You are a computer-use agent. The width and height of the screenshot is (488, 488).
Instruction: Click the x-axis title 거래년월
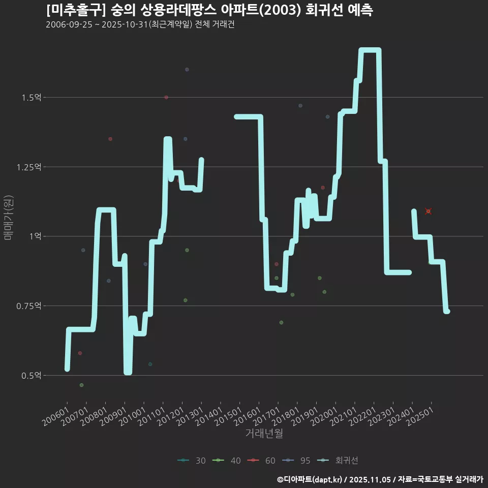click(264, 434)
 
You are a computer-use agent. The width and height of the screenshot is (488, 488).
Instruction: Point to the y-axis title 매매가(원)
click(9, 218)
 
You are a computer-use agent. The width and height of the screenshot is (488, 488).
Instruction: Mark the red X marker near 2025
click(429, 211)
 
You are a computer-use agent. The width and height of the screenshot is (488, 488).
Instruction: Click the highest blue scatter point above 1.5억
click(187, 69)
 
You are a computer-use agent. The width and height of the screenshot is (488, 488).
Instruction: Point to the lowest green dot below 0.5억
click(81, 385)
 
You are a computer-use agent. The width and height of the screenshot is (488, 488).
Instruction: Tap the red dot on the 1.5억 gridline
click(166, 97)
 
